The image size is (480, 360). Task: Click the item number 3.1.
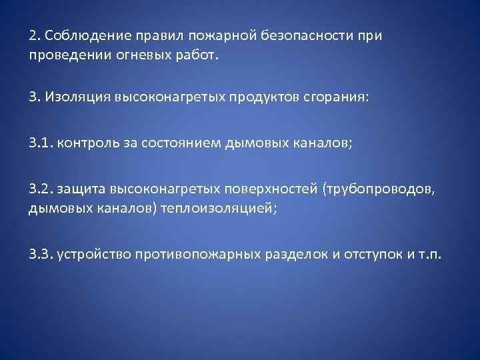(41, 143)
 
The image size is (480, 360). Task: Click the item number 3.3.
(41, 255)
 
